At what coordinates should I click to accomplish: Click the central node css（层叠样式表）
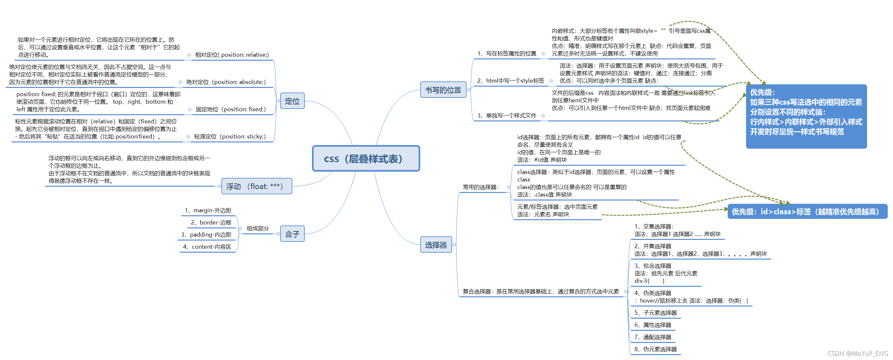click(366, 159)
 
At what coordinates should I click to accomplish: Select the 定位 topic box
click(292, 101)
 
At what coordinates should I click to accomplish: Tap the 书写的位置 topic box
click(443, 90)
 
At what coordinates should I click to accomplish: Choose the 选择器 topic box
click(436, 245)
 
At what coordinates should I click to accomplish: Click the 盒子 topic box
click(292, 234)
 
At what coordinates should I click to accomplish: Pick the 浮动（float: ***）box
click(257, 186)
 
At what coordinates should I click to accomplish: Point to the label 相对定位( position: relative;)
click(232, 55)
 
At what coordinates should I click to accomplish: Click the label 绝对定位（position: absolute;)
click(226, 82)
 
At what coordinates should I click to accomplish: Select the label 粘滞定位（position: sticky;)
click(230, 136)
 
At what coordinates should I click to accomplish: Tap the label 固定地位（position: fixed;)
click(231, 109)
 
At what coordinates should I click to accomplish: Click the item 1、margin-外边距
click(208, 210)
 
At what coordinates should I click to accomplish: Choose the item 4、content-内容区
click(207, 246)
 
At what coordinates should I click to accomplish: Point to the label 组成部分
click(258, 228)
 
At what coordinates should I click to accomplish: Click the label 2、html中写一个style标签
click(510, 81)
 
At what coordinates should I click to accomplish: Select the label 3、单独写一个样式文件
click(507, 116)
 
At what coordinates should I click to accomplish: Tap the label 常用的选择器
click(481, 187)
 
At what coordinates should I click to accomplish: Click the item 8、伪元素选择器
click(655, 349)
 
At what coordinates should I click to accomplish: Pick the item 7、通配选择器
click(653, 337)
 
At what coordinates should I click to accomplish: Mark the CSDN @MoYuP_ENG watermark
click(858, 353)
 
